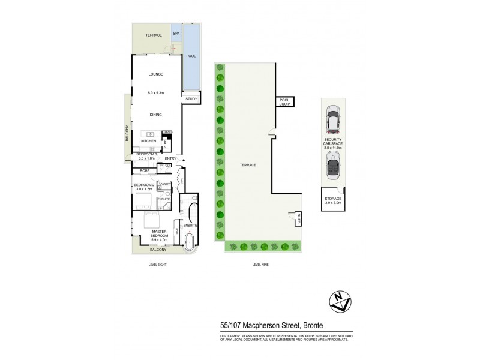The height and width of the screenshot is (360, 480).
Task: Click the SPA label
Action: [176, 34]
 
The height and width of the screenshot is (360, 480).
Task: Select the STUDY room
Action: [191, 98]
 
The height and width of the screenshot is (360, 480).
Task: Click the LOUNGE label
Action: [155, 74]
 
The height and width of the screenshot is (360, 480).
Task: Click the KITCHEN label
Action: [148, 141]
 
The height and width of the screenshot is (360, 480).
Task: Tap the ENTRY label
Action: [170, 158]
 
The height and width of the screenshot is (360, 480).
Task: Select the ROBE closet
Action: [145, 170]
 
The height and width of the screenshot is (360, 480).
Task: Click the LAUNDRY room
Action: [166, 184]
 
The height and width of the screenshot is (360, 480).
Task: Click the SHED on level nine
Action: [294, 220]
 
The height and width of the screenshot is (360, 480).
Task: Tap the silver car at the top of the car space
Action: [332, 120]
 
